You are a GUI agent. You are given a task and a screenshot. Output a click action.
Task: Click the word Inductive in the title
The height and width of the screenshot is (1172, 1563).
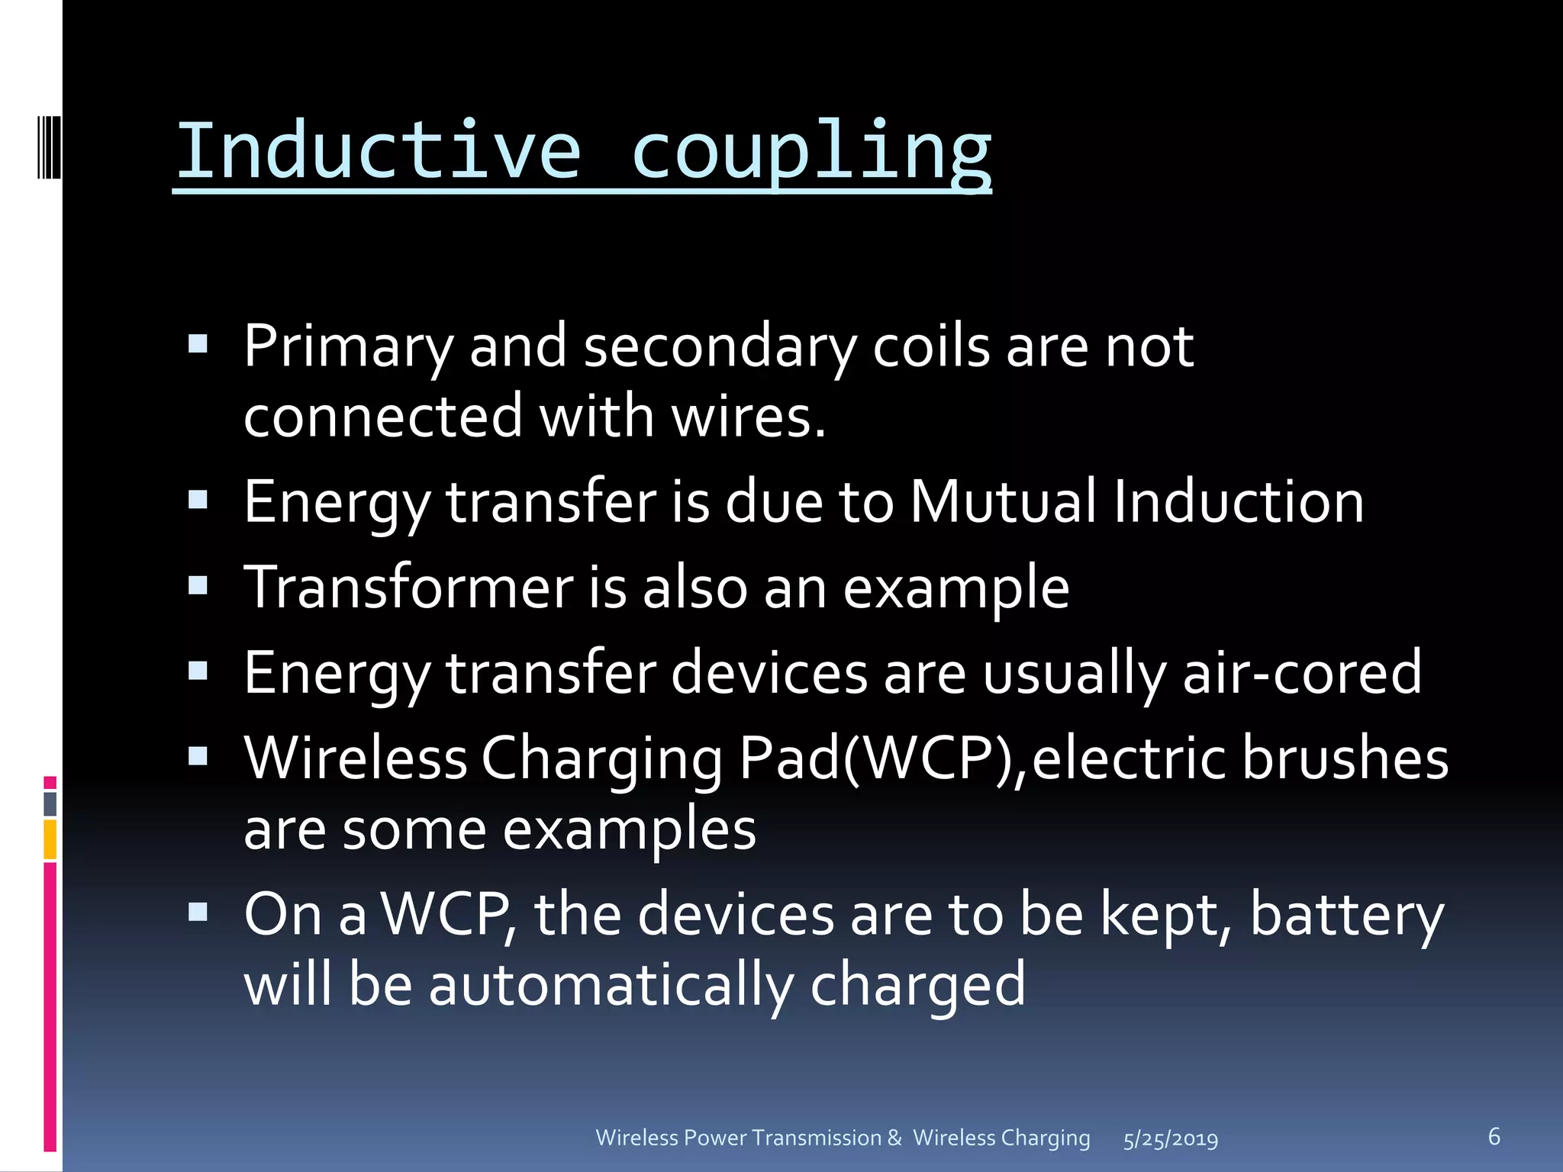pos(379,150)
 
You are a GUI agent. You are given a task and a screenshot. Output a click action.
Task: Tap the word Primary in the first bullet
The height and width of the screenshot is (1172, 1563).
pos(348,348)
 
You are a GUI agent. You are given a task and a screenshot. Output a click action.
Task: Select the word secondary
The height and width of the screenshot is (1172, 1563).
pos(720,346)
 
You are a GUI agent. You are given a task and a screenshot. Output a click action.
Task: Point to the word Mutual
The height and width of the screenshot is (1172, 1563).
pos(1004,502)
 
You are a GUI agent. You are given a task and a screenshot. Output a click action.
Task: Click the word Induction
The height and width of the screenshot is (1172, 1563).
pos(1239,502)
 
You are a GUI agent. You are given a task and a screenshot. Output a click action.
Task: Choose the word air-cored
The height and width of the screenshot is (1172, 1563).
pos(1302,673)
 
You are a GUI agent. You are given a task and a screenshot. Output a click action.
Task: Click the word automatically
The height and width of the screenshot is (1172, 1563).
pos(611,985)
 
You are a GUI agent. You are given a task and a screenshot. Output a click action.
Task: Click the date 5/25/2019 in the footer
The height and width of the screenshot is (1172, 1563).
pos(1171,1139)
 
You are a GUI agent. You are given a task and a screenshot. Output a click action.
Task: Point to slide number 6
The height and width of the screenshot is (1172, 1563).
pos(1494,1136)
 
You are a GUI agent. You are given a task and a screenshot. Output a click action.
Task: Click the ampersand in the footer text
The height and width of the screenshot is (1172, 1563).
pos(894,1138)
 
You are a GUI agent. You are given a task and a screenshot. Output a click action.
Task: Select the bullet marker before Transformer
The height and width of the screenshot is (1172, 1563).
pos(198,586)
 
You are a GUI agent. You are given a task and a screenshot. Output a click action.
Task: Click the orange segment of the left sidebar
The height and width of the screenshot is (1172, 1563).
pos(50,839)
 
